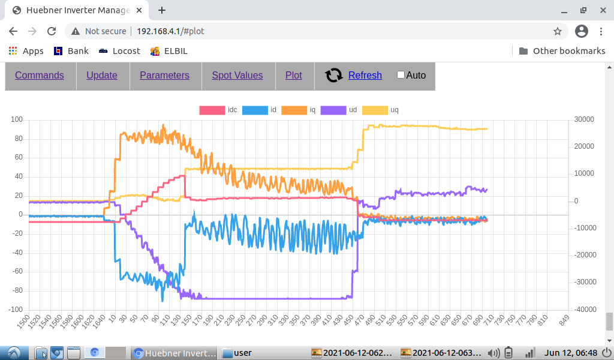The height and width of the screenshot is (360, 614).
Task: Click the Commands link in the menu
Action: coord(40,75)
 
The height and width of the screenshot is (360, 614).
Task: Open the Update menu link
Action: coord(102,75)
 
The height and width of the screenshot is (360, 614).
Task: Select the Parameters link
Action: coord(164,75)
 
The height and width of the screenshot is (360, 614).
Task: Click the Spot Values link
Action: coord(237,75)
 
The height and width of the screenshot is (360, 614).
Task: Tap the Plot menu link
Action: coord(294,75)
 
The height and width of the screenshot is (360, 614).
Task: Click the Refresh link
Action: coord(365,75)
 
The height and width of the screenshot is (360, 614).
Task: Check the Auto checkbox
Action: coord(401,75)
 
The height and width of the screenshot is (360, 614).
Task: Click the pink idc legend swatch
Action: coord(211,110)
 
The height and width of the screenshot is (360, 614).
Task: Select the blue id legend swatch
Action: coord(254,110)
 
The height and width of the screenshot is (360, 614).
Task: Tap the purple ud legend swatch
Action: coord(333,110)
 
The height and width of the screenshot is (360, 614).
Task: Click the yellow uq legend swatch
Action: coord(375,110)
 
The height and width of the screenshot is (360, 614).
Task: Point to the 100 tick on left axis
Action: coord(16,119)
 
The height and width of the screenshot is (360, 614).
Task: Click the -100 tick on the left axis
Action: coord(14,310)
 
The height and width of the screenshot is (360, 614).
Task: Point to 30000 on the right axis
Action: coord(583,119)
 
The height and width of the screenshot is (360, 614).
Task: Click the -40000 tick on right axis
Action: coord(583,310)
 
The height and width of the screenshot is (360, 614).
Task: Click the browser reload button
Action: coord(52,31)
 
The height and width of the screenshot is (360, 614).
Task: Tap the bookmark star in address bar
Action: coord(558,31)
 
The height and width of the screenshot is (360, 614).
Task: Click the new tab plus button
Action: coord(162,10)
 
